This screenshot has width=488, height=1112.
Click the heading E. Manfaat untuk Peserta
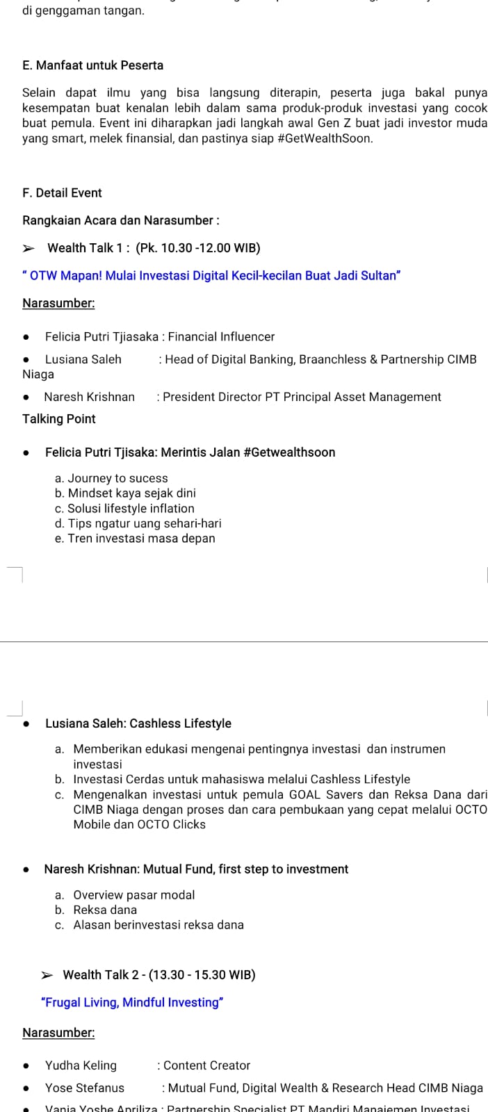tap(92, 65)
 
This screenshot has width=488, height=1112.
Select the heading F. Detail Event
tap(62, 193)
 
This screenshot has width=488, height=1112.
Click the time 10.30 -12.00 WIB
tap(198, 248)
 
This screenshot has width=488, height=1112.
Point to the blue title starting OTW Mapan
tap(212, 276)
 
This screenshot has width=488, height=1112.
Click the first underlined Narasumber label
tap(58, 303)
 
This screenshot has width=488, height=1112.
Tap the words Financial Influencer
tap(221, 337)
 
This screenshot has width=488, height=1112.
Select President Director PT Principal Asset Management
tap(302, 397)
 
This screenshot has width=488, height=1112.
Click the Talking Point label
tap(58, 419)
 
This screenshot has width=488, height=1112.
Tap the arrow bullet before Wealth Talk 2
tap(47, 975)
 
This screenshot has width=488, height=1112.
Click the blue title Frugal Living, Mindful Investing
tap(132, 1002)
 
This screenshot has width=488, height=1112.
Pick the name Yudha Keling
tap(81, 1065)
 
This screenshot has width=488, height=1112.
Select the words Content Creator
tap(206, 1065)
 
